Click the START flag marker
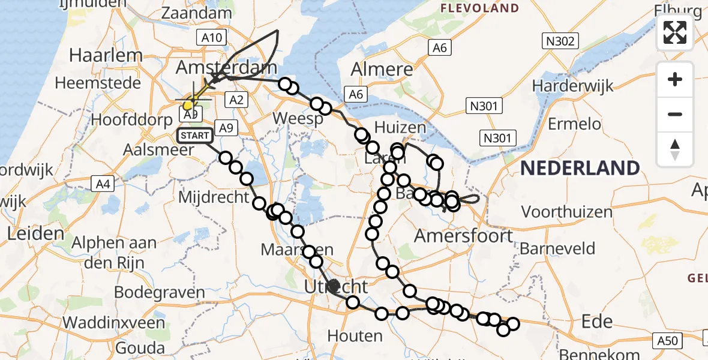click(x=194, y=136)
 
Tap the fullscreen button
click(x=675, y=32)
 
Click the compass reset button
click(x=675, y=149)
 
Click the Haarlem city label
click(x=106, y=55)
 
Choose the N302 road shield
click(x=560, y=41)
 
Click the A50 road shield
click(x=667, y=341)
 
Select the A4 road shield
click(x=103, y=184)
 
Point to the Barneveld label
click(x=557, y=248)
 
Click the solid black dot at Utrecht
click(x=334, y=286)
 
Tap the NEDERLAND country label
click(x=579, y=168)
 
